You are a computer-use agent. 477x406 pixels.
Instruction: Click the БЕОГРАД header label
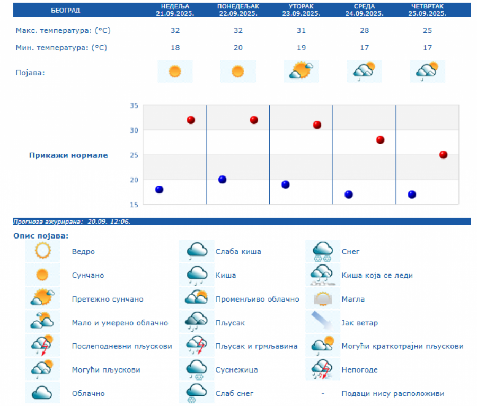65,10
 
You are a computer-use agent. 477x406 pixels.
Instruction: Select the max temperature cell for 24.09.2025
364,31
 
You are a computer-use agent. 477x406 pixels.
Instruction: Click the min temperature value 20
238,48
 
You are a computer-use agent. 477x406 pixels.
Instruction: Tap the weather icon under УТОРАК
301,71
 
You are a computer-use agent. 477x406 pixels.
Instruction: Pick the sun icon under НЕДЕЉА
175,71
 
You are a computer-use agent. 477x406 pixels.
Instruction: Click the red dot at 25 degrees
443,155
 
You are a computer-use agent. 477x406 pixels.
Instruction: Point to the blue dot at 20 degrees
222,180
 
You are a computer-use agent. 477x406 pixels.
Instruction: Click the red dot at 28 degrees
380,140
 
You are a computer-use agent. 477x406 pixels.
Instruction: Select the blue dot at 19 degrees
285,184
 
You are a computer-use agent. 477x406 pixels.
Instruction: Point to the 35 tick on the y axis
134,105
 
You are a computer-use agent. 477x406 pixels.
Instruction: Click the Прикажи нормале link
68,155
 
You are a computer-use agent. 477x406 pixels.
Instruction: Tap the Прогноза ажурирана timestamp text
72,222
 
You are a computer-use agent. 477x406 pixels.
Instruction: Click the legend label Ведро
83,252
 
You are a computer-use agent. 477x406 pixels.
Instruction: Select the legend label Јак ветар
360,323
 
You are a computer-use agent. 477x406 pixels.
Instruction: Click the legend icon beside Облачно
42,393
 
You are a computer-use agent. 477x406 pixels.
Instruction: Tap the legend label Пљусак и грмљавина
256,346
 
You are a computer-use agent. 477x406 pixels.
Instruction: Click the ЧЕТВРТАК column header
427,6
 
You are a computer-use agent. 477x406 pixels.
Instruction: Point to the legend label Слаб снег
234,393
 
